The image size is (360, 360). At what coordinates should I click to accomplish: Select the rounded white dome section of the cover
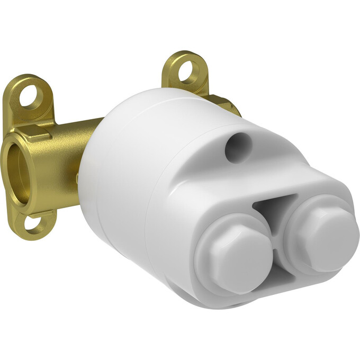(127, 159)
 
